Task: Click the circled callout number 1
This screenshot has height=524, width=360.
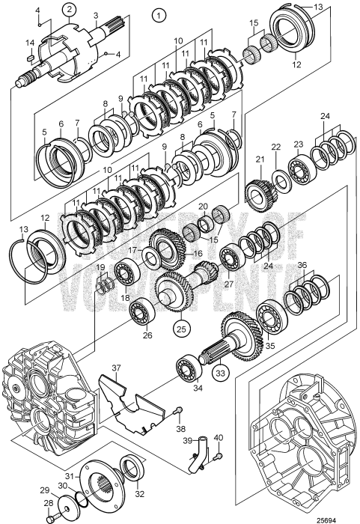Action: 159,15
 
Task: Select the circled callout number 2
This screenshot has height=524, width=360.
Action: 69,9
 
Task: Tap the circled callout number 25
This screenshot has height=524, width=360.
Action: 181,329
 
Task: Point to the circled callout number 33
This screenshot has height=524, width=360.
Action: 221,372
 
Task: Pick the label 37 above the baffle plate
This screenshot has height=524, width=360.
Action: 116,368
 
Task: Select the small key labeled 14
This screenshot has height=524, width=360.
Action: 30,58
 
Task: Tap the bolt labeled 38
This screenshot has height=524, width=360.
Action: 179,409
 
